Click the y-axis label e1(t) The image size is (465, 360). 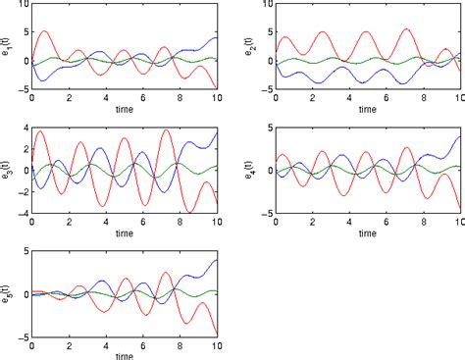coord(8,47)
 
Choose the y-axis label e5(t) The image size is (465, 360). coord(8,290)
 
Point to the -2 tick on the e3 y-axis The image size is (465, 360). coord(21,192)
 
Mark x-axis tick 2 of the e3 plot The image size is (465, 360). coord(70,222)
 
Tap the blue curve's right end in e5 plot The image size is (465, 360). coord(217,260)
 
